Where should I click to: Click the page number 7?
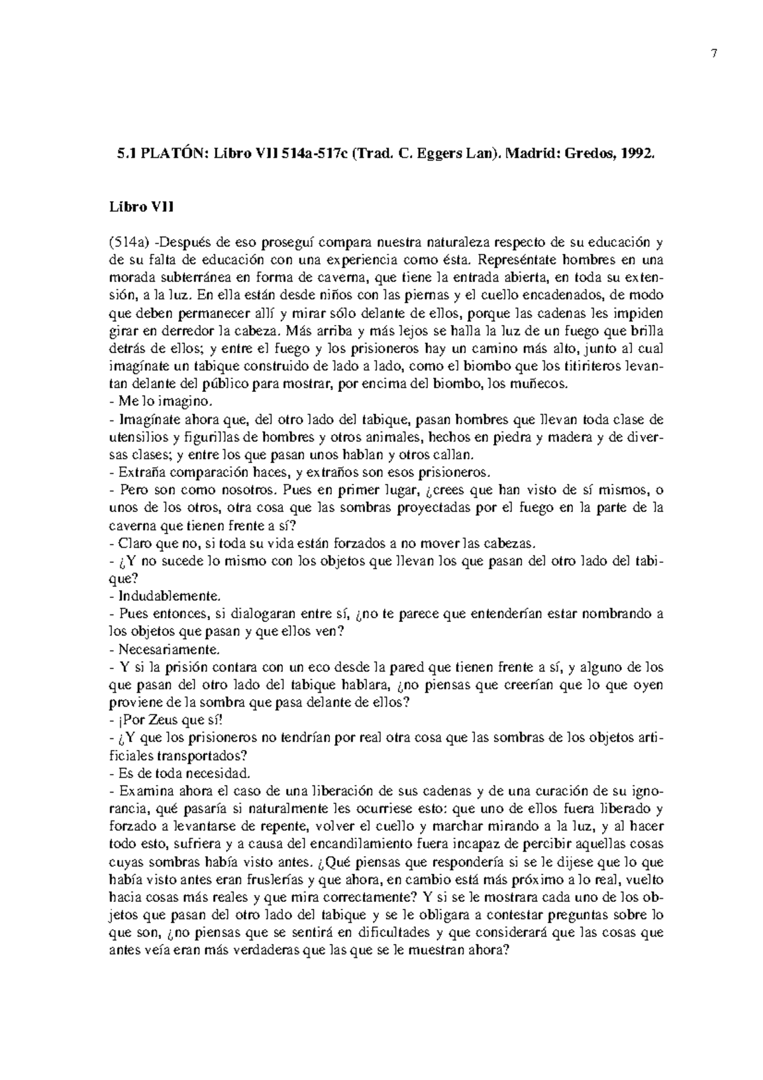tap(714, 54)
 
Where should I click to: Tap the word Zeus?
tap(154, 721)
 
